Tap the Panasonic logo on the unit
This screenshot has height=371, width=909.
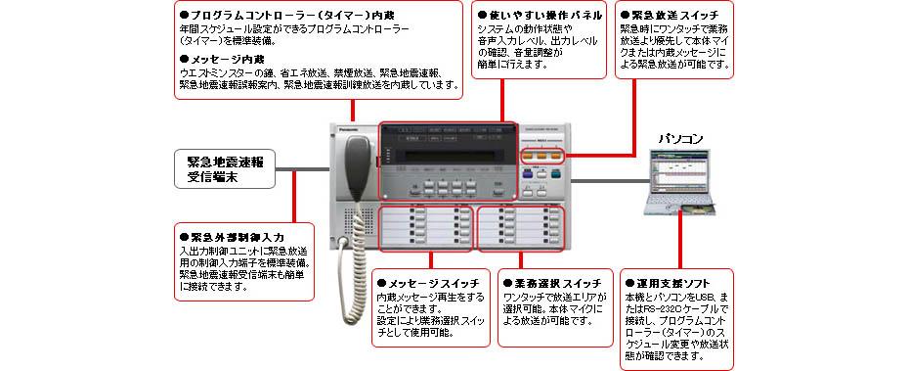click(x=348, y=125)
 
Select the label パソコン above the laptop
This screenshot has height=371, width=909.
click(x=682, y=138)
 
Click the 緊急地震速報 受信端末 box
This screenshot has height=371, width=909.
click(x=226, y=169)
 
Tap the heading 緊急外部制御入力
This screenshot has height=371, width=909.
click(x=231, y=237)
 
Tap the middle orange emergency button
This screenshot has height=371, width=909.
click(x=542, y=155)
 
